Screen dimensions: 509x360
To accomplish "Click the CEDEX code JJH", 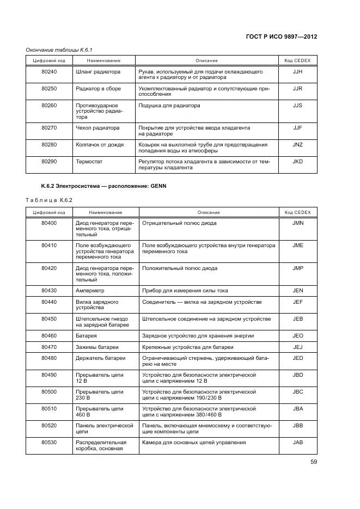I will [x=297, y=72].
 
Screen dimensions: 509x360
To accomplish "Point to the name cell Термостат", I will [x=89, y=162].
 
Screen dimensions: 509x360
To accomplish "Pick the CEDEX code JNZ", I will [x=297, y=145].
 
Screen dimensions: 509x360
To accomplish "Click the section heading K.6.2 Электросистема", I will [x=103, y=186].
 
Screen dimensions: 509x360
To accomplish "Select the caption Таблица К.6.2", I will [x=49, y=200].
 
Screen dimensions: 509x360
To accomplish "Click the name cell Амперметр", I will [x=90, y=291].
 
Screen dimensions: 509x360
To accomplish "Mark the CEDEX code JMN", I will [x=297, y=223].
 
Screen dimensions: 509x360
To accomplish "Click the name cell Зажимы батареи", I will [x=97, y=347].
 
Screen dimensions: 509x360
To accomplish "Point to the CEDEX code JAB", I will [x=297, y=442].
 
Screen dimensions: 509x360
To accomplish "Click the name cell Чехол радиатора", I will [x=97, y=128].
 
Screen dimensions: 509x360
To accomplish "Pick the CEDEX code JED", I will [x=297, y=358].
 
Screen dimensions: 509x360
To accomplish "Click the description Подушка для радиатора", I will [x=169, y=106].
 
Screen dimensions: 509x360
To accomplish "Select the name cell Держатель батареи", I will [x=100, y=358].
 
